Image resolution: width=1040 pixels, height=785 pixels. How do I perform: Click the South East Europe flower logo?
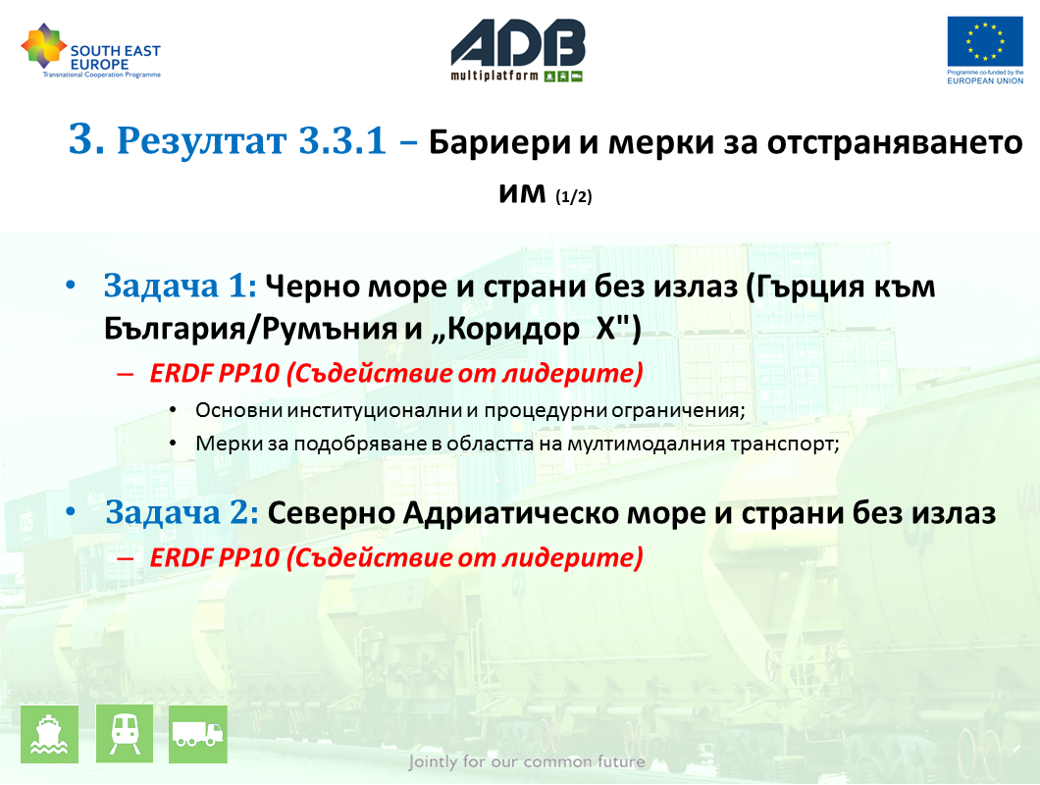(44, 45)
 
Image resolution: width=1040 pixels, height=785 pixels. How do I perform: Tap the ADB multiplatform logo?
(518, 50)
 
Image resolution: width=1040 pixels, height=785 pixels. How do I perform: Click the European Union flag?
(985, 42)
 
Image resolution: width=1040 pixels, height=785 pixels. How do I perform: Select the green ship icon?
(50, 734)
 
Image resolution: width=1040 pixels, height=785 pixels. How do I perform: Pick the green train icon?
(125, 734)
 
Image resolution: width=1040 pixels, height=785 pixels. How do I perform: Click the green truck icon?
(198, 734)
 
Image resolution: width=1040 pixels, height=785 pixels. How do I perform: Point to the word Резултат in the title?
(202, 140)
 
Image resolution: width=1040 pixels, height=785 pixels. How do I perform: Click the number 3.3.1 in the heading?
(342, 140)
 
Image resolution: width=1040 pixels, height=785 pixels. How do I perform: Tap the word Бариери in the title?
(499, 142)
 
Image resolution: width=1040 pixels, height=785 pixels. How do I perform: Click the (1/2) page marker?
(574, 196)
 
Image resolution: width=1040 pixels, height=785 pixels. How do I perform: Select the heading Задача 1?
(180, 286)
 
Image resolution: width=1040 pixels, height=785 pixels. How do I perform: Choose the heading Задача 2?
(182, 512)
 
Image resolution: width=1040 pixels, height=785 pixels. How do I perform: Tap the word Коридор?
(512, 329)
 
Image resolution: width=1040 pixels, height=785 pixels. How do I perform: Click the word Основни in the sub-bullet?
(238, 410)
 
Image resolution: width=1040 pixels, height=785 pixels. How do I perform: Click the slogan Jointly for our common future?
(527, 761)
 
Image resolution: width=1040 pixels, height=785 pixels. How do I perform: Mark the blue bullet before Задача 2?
(71, 512)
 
